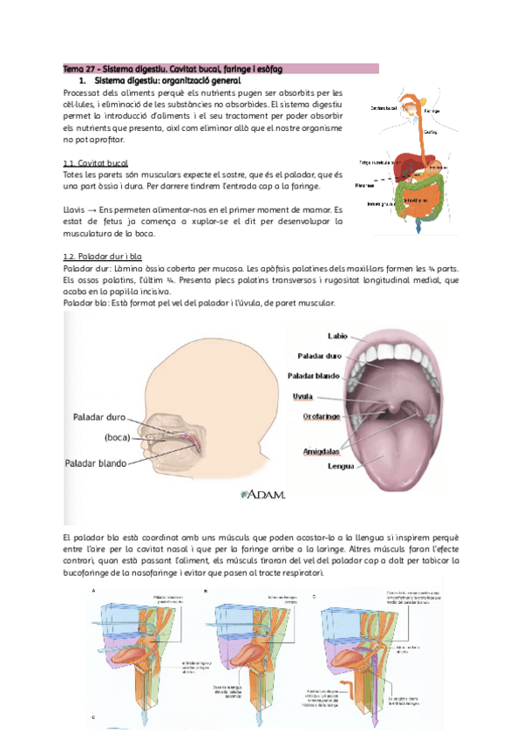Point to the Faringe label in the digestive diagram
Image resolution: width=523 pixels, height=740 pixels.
point(431,111)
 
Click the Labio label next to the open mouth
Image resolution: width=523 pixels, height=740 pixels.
point(338,336)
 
